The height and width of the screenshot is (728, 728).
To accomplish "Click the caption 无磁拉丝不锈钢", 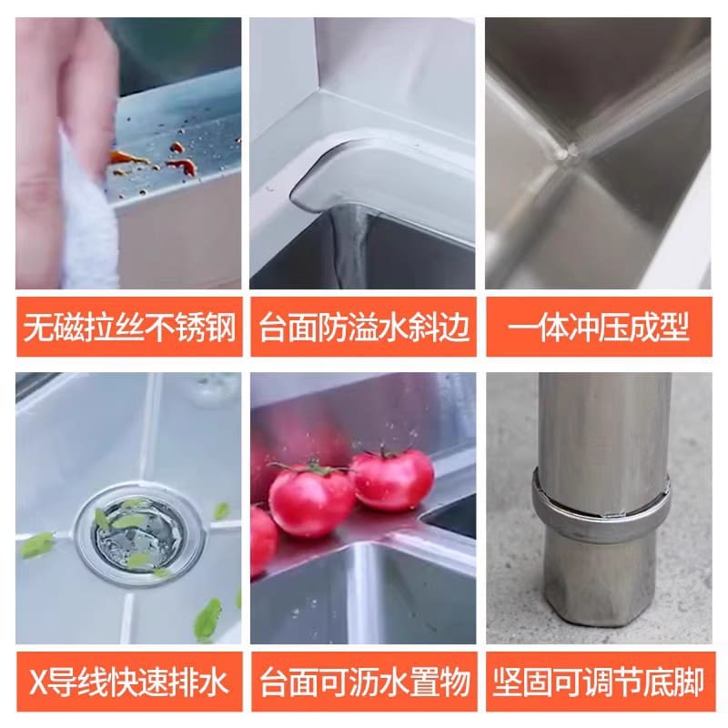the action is pyautogui.click(x=129, y=328).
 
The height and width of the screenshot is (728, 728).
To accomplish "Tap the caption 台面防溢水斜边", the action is pyautogui.click(x=364, y=328).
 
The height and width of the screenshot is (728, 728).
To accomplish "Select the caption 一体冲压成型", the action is pyautogui.click(x=599, y=328).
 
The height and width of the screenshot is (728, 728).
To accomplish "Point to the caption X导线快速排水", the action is pyautogui.click(x=128, y=682).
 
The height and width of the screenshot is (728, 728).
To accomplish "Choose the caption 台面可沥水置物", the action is pyautogui.click(x=364, y=682).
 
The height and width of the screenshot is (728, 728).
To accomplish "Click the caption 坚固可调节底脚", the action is pyautogui.click(x=599, y=682).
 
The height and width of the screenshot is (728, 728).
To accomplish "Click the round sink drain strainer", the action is pyautogui.click(x=138, y=534).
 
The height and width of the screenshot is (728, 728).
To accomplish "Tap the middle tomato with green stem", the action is pyautogui.click(x=311, y=499).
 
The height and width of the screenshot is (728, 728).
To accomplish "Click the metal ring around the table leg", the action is pyautogui.click(x=602, y=504).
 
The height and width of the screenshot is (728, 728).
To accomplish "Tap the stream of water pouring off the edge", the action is pyautogui.click(x=350, y=246).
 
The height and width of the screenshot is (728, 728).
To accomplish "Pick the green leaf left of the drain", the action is pyautogui.click(x=37, y=545).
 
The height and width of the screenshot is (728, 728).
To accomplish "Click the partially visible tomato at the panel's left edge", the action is pyautogui.click(x=263, y=541).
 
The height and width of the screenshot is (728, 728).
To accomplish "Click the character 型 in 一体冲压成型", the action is pyautogui.click(x=675, y=328).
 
